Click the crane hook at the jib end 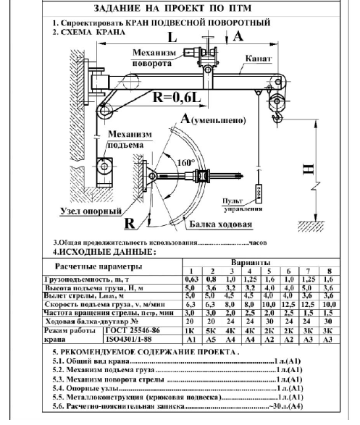pyautogui.click(x=277, y=118)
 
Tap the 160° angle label pyautogui.click(x=186, y=163)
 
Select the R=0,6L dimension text pyautogui.click(x=177, y=97)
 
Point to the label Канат pyautogui.click(x=259, y=59)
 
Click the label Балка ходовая pyautogui.click(x=221, y=224)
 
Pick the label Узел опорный pyautogui.click(x=91, y=211)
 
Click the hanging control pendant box pyautogui.click(x=259, y=193)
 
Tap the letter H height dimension pyautogui.click(x=309, y=169)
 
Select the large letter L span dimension pyautogui.click(x=172, y=38)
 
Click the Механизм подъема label pyautogui.click(x=130, y=139)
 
